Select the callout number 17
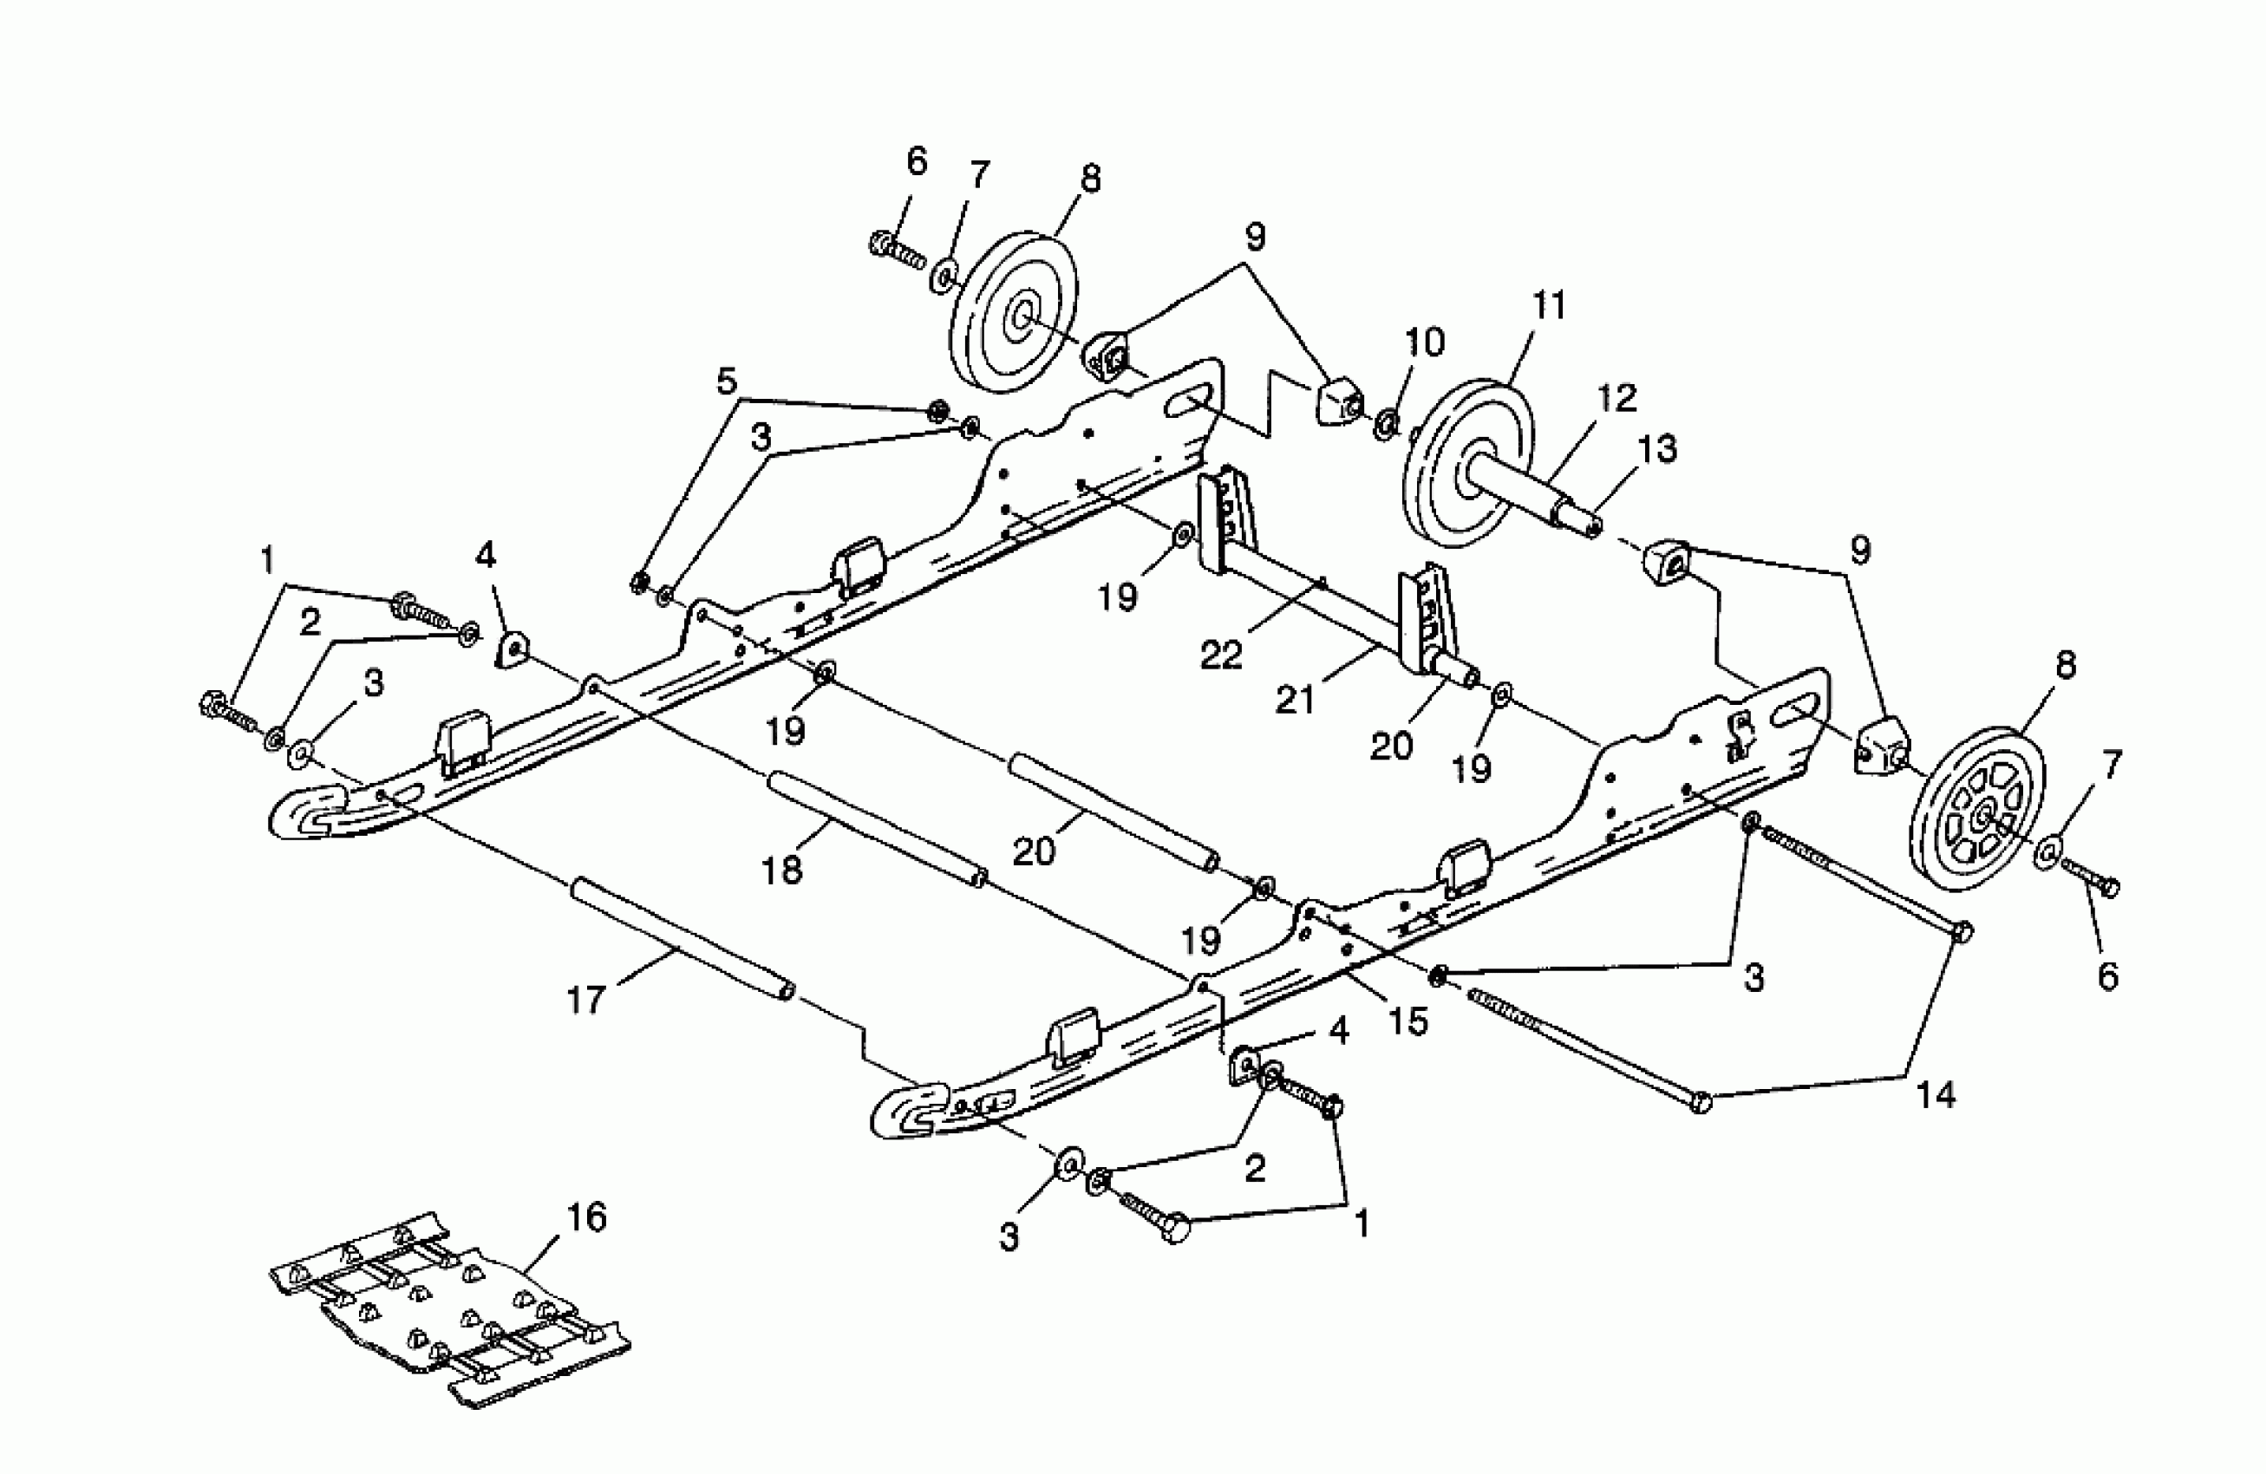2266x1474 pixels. tap(585, 1000)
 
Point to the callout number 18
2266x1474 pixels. tap(782, 870)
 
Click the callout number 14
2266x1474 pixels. tap(1936, 1094)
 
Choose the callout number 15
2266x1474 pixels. tap(1408, 1021)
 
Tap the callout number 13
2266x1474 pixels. tap(1657, 447)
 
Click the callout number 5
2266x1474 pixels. tap(727, 381)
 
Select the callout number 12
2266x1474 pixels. tap(1616, 398)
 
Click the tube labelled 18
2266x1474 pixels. tap(876, 825)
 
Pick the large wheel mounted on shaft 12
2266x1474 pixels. tap(1467, 463)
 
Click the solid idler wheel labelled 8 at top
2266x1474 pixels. tap(1015, 312)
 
